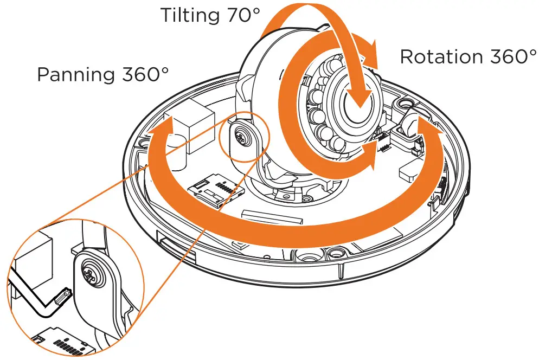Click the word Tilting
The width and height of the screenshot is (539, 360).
(190, 16)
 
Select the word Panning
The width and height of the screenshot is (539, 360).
(75, 74)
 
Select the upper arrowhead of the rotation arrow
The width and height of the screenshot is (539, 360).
(368, 52)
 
